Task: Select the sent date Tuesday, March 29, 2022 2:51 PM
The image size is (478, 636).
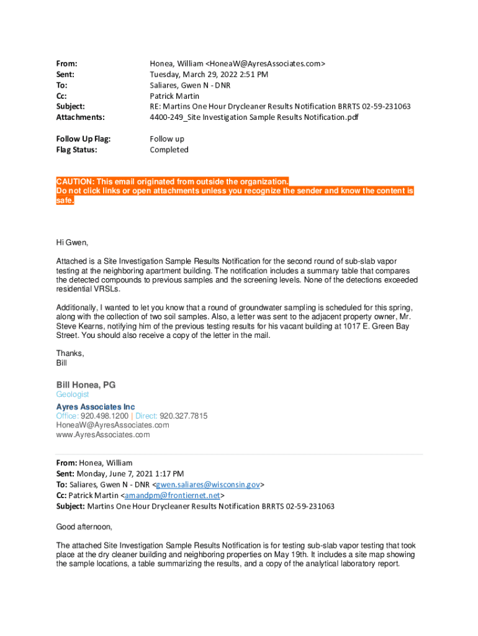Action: (209, 75)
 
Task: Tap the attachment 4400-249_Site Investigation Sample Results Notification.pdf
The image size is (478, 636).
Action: (254, 117)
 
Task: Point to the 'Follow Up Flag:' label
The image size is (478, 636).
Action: (83, 139)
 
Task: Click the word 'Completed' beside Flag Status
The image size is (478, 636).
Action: (169, 150)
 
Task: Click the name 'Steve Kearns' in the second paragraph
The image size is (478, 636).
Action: (79, 326)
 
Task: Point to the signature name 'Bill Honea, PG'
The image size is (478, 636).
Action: (86, 384)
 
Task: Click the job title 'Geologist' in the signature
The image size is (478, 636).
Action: (73, 394)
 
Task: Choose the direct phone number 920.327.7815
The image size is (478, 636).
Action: (184, 416)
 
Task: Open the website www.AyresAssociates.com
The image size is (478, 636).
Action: (103, 435)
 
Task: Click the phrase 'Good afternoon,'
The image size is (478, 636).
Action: (84, 527)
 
